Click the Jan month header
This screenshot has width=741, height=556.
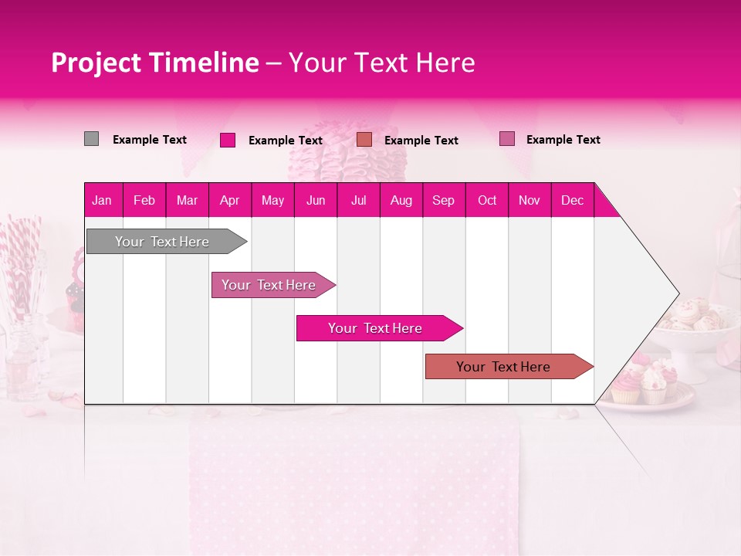(x=102, y=200)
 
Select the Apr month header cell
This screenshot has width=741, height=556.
(x=229, y=200)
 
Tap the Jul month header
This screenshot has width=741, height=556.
(x=358, y=200)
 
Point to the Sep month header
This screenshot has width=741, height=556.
(x=443, y=200)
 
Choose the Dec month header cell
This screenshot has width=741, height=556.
(x=572, y=200)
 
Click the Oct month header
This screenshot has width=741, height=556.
(x=486, y=200)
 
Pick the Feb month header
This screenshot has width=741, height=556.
(x=144, y=200)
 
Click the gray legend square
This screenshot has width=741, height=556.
(x=91, y=139)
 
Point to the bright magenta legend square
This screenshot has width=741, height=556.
(x=227, y=140)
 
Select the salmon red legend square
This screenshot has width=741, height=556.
(x=364, y=140)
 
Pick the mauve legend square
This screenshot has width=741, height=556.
(x=506, y=139)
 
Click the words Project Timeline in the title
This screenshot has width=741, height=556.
(x=154, y=63)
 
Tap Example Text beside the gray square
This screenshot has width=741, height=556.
(x=149, y=140)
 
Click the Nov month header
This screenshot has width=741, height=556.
(x=529, y=200)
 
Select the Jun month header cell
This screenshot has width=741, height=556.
(x=316, y=200)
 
